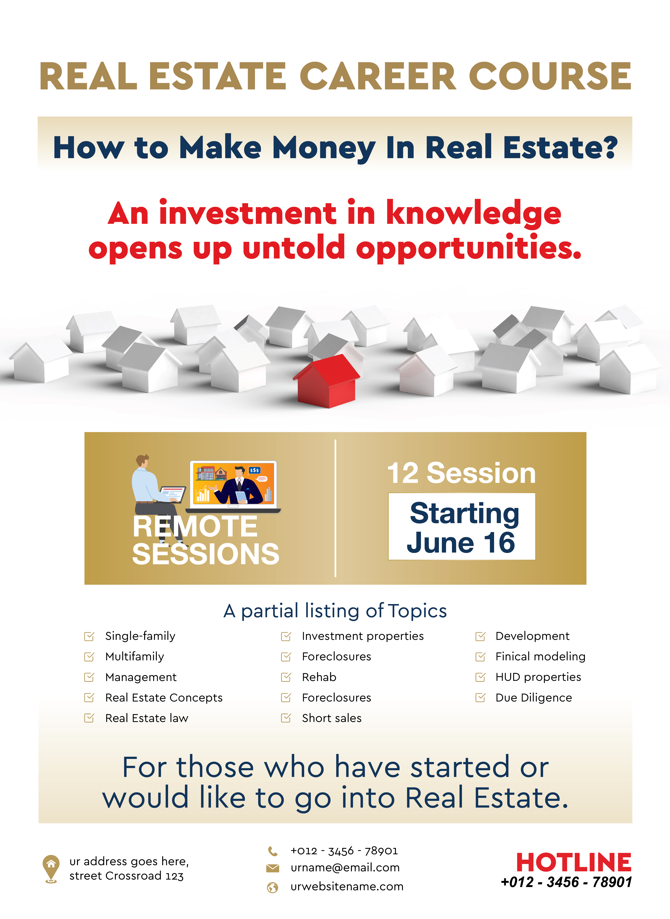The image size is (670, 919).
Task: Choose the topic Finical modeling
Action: click(x=540, y=657)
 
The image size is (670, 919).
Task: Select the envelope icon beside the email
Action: click(x=273, y=868)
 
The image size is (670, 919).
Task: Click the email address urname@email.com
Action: click(x=345, y=868)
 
